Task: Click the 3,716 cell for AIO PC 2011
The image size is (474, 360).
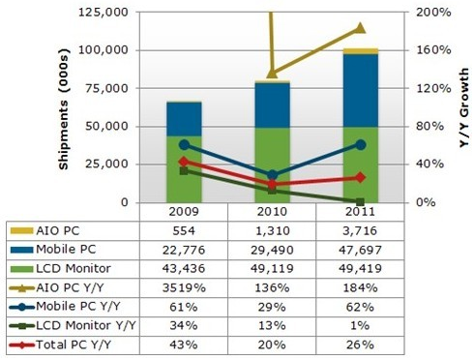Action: (360, 231)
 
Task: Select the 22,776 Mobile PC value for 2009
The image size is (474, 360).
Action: (184, 250)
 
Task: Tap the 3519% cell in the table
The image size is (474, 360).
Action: (184, 287)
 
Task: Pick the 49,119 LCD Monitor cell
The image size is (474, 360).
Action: (272, 269)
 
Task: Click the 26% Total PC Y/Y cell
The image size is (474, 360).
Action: (360, 345)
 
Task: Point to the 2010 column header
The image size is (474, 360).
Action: (272, 212)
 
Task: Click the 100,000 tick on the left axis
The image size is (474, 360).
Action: (104, 50)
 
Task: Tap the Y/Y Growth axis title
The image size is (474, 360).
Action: (464, 108)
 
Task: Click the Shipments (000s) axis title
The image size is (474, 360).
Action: (64, 109)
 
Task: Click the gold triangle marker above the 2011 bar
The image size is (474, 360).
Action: (360, 28)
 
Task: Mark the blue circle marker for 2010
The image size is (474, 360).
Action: (273, 175)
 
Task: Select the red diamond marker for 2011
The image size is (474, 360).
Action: (360, 177)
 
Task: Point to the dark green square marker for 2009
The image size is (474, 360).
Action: (184, 170)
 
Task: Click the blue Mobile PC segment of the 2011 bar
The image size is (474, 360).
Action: (361, 91)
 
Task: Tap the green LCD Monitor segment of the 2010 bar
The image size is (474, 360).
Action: (272, 165)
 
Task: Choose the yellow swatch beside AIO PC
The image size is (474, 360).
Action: (21, 231)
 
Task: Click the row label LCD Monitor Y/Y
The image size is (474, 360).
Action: (86, 325)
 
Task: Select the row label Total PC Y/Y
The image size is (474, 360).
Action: (74, 345)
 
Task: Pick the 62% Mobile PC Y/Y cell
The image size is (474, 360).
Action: (360, 307)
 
